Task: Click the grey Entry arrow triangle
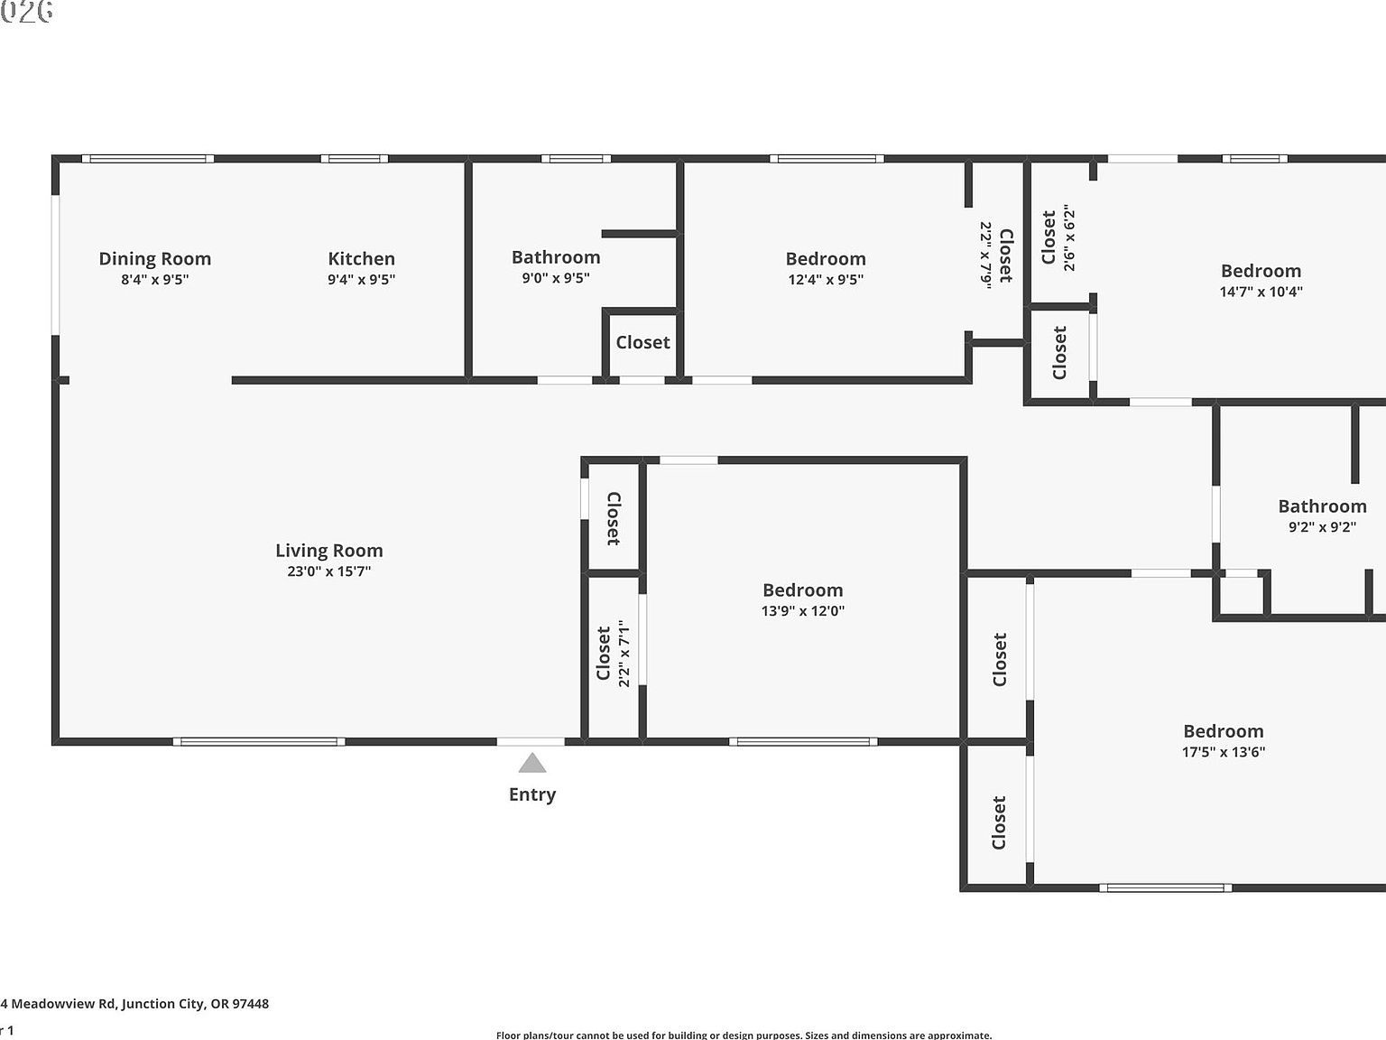pos(532,764)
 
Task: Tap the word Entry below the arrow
pos(532,794)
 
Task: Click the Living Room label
pos(329,551)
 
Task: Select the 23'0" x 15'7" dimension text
pos(329,571)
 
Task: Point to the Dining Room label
pos(155,259)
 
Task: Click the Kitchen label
pos(361,259)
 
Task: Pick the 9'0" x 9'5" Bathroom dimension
pos(556,278)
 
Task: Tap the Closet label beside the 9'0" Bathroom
pos(642,343)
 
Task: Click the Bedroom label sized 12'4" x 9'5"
pos(826,259)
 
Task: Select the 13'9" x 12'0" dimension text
pos(803,611)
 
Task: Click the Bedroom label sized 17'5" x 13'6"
pos(1224,731)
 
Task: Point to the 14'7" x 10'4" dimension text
pos(1261,292)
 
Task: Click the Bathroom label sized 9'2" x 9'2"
pos(1322,506)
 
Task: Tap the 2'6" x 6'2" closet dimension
pos(1070,237)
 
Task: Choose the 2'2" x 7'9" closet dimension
pos(986,255)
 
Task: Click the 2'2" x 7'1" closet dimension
pos(624,655)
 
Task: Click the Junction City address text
pos(135,1004)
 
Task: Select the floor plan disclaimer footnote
pos(744,1035)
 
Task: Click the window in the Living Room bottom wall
pos(259,742)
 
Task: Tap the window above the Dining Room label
pos(148,159)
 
